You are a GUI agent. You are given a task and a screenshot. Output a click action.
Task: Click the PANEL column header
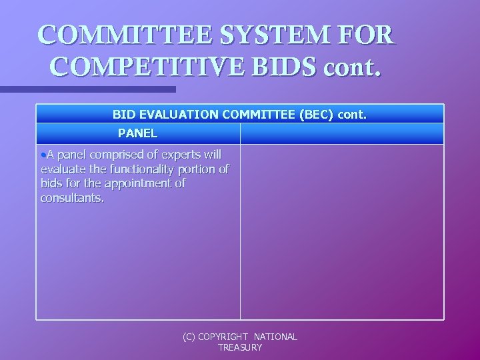pos(138,133)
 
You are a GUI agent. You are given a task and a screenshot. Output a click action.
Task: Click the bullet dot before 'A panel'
pos(43,155)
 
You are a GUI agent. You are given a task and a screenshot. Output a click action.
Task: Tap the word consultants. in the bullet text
pos(72,198)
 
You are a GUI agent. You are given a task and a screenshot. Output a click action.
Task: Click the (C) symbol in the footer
pos(189,337)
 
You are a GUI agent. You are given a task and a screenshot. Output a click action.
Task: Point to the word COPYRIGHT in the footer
pos(223,337)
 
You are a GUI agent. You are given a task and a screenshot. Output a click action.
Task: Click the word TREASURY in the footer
pos(240,347)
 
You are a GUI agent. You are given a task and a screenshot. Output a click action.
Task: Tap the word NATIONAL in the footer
pos(275,337)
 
